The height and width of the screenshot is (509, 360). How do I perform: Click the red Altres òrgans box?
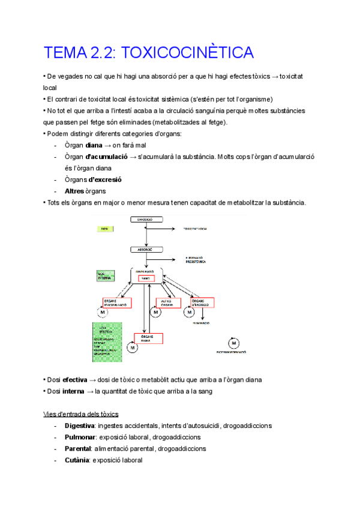pos(169,303)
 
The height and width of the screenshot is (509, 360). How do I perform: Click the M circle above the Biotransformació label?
pos(235,342)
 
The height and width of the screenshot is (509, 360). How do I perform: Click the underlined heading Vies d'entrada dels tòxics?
pos(81,414)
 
